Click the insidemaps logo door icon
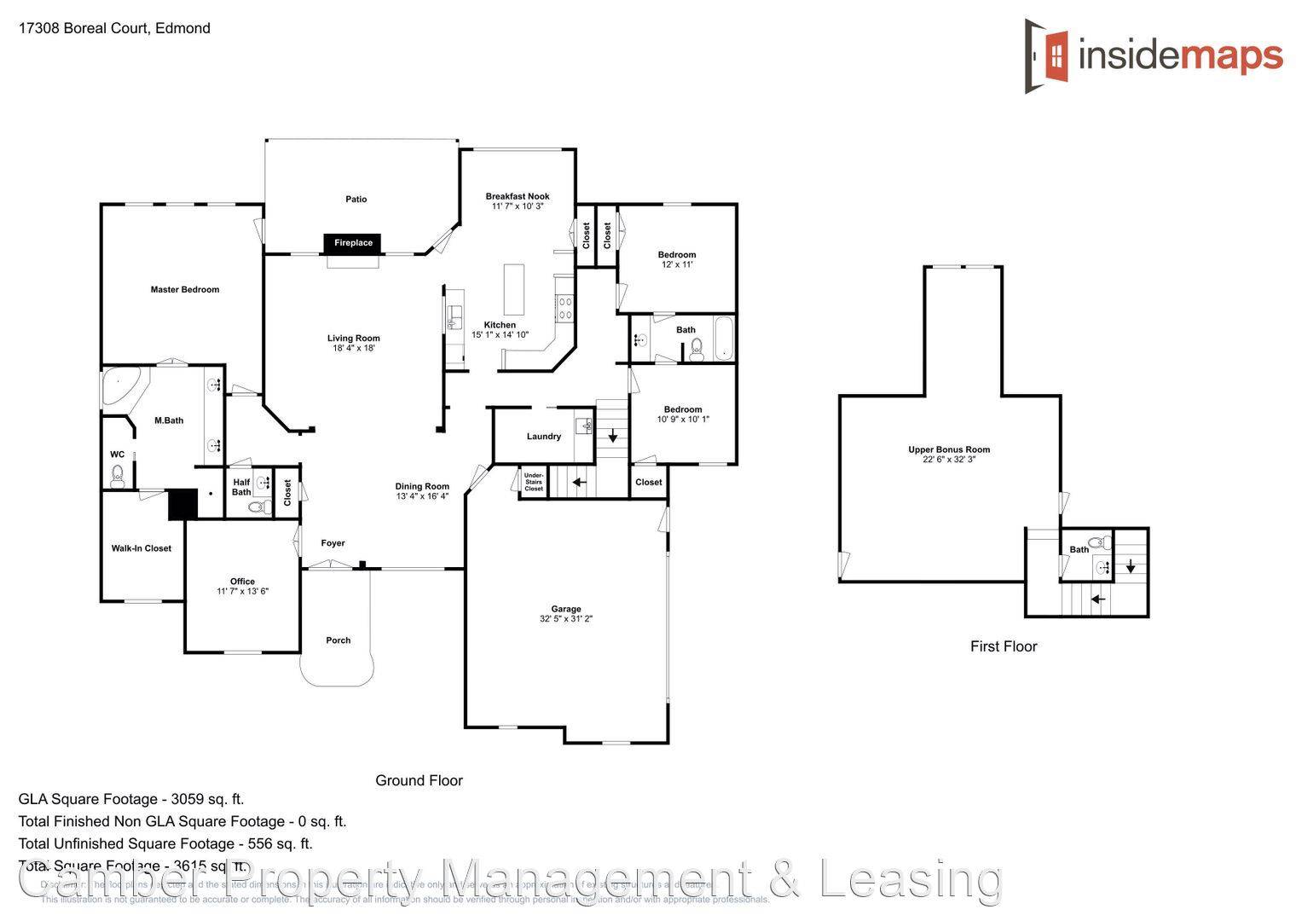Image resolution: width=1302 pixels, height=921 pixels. pyautogui.click(x=1047, y=55)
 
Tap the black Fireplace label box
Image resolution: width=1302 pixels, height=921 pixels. pyautogui.click(x=353, y=243)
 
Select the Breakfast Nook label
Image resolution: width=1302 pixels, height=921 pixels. pyautogui.click(x=518, y=196)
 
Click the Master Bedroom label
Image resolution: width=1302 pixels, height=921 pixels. pyautogui.click(x=185, y=290)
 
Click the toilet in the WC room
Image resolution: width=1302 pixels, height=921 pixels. pyautogui.click(x=118, y=476)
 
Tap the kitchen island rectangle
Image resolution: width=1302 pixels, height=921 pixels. pyautogui.click(x=513, y=290)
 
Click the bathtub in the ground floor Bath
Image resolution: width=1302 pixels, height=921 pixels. pyautogui.click(x=723, y=339)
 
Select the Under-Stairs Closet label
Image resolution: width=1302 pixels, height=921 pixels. pyautogui.click(x=534, y=482)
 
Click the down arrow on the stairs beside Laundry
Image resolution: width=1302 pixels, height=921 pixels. pyautogui.click(x=612, y=437)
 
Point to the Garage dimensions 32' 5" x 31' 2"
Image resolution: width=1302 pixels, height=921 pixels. pyautogui.click(x=566, y=619)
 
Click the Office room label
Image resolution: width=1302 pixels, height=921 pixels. pyautogui.click(x=242, y=582)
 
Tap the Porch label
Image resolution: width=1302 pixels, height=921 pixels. pyautogui.click(x=339, y=640)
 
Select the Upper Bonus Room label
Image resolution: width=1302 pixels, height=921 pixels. pyautogui.click(x=949, y=449)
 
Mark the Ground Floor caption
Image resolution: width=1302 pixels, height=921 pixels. pyautogui.click(x=419, y=780)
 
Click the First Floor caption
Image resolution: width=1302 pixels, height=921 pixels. pyautogui.click(x=1004, y=646)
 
